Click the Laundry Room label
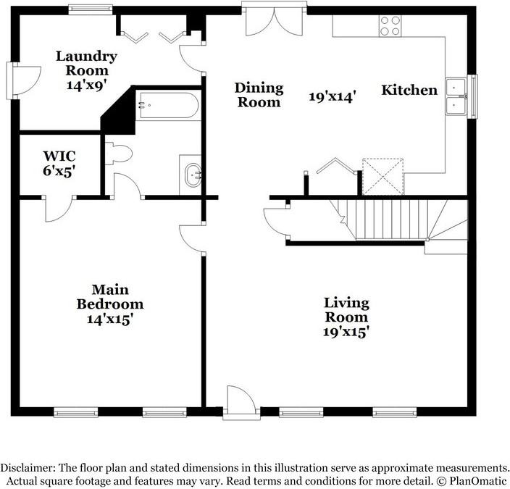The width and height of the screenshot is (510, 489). [x=86, y=64]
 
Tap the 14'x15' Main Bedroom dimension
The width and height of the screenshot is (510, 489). [x=110, y=319]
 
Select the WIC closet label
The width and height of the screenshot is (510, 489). [x=59, y=156]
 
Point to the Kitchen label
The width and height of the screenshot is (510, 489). [x=409, y=90]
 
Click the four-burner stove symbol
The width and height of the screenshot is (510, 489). [x=390, y=25]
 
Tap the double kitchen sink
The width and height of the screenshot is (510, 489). [x=456, y=96]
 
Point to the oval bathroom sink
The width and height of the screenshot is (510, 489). [x=193, y=175]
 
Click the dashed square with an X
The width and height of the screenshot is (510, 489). [x=383, y=177]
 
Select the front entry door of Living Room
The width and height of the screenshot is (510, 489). [x=241, y=402]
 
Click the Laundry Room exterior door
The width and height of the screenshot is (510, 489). [x=24, y=80]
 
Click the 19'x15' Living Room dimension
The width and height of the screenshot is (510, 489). [x=346, y=333]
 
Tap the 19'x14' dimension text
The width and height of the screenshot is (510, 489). [x=332, y=96]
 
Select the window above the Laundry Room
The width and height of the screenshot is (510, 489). [x=91, y=9]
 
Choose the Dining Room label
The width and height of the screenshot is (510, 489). [x=259, y=95]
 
